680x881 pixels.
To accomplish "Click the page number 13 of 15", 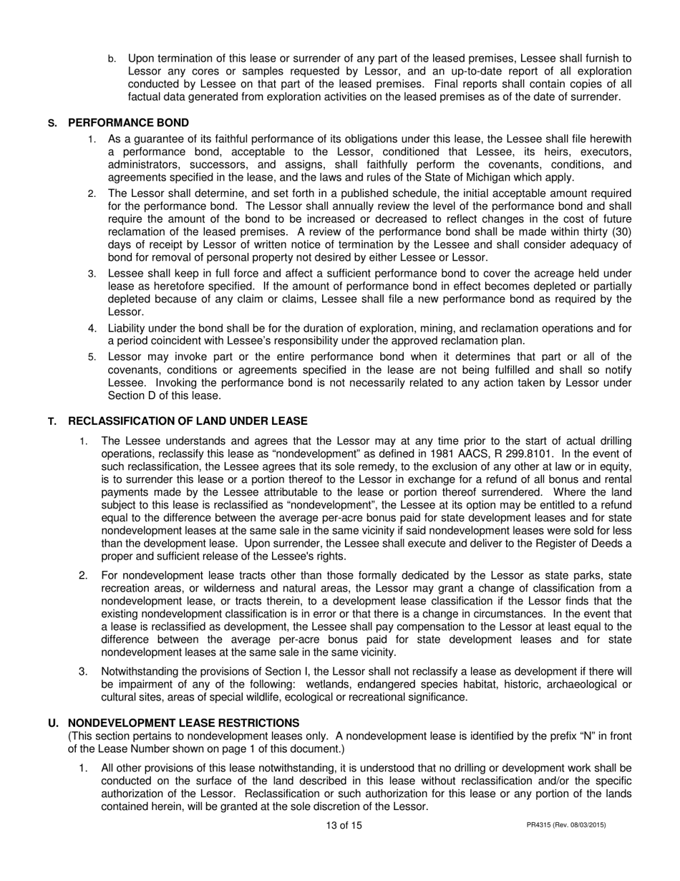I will click(344, 825).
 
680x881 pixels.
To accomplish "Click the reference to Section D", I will click(134, 395).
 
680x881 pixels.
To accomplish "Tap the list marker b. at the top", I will click(112, 59).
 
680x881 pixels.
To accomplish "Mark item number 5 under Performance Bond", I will click(92, 357).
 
